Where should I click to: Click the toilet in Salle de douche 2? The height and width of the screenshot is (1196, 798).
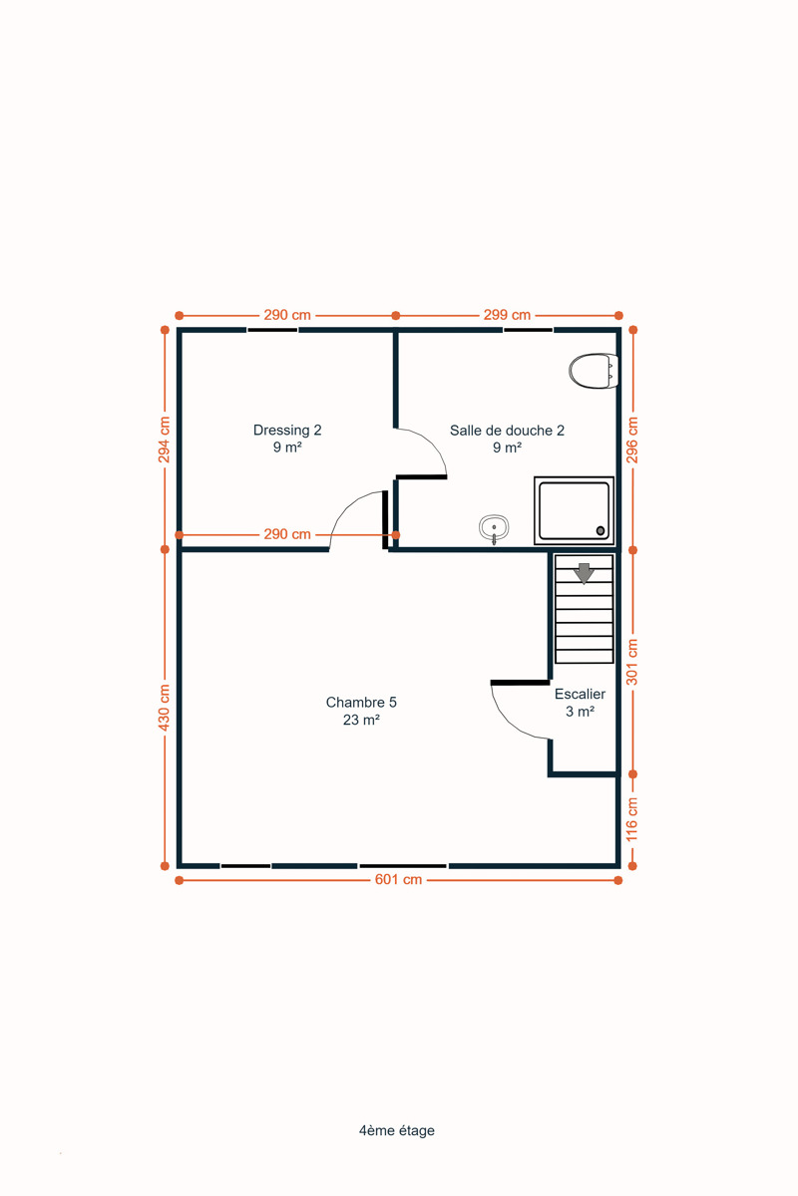click(594, 371)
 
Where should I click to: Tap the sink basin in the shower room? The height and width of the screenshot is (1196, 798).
click(494, 528)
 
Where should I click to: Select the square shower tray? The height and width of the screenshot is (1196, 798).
click(574, 510)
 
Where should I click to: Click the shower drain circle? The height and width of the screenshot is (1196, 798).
click(600, 530)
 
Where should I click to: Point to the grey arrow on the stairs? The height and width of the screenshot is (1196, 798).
click(584, 573)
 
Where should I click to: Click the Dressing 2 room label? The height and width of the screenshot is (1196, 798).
click(287, 439)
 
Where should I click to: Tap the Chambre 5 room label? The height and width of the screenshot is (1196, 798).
click(361, 711)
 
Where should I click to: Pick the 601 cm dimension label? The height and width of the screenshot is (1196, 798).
click(398, 879)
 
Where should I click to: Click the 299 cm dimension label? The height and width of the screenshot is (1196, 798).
click(507, 315)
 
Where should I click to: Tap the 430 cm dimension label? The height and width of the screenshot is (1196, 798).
click(165, 708)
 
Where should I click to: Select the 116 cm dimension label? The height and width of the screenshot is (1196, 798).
click(631, 819)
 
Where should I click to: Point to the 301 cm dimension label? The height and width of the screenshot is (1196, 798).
click(631, 662)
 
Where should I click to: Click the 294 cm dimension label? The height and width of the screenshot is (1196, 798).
click(165, 440)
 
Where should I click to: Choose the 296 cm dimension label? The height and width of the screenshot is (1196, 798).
click(631, 440)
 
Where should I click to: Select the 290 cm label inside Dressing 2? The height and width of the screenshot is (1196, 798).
click(287, 534)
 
